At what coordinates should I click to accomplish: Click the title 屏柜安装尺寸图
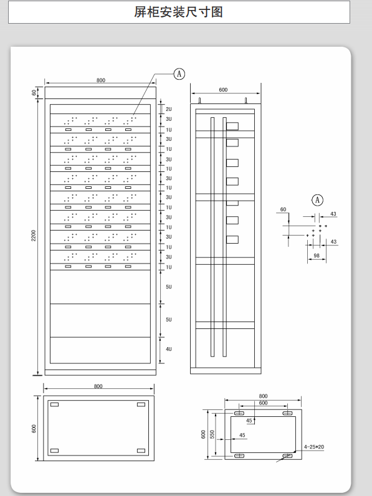pyautogui.click(x=178, y=12)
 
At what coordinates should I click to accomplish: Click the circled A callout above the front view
pyautogui.click(x=179, y=74)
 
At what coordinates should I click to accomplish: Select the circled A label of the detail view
pyautogui.click(x=317, y=200)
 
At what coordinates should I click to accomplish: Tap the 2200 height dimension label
pyautogui.click(x=34, y=236)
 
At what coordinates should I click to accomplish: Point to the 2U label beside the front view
pyautogui.click(x=169, y=109)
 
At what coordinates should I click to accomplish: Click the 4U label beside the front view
pyautogui.click(x=169, y=349)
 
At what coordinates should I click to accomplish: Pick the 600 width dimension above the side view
pyautogui.click(x=223, y=90)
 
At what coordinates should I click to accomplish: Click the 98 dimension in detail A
pyautogui.click(x=317, y=255)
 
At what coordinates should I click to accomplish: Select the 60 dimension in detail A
pyautogui.click(x=283, y=209)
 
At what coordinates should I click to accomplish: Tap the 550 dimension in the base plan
pyautogui.click(x=212, y=434)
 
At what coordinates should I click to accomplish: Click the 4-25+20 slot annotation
pyautogui.click(x=314, y=447)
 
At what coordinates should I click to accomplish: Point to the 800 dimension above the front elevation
pyautogui.click(x=100, y=80)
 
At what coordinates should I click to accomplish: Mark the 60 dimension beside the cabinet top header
pyautogui.click(x=34, y=92)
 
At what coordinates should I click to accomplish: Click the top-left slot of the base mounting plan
pyautogui.click(x=239, y=413)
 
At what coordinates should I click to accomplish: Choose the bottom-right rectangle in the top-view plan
pyautogui.click(x=141, y=451)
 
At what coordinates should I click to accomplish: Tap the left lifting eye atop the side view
pyautogui.click(x=199, y=100)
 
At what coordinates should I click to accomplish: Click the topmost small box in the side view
pyautogui.click(x=232, y=126)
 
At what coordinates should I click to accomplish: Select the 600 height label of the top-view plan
pyautogui.click(x=34, y=429)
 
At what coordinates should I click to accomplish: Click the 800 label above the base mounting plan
pyautogui.click(x=263, y=396)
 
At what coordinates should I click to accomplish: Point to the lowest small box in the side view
pyautogui.click(x=232, y=239)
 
